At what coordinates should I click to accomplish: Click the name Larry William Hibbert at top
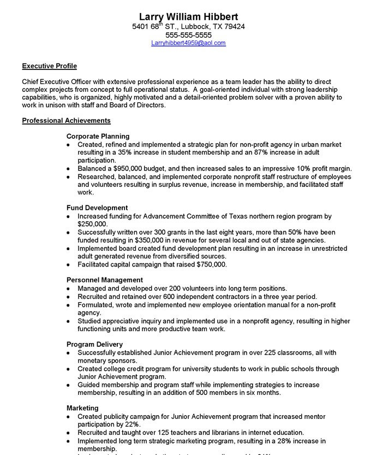click(188, 16)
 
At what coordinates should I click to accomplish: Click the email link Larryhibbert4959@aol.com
click(188, 43)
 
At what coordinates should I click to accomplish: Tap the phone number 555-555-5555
click(188, 34)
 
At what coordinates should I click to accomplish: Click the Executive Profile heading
click(49, 66)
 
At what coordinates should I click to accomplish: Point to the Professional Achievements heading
click(66, 120)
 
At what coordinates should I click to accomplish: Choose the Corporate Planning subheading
click(98, 136)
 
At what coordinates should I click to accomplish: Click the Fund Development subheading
click(97, 208)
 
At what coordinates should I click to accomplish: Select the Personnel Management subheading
click(105, 280)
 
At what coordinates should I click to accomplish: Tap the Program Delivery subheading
click(94, 344)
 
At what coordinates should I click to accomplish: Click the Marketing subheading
click(82, 408)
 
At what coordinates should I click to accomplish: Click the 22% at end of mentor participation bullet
click(133, 424)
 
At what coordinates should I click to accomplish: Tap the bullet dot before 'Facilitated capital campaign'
click(68, 265)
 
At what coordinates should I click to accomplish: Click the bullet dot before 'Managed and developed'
click(68, 289)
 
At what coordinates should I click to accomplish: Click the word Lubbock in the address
click(187, 26)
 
